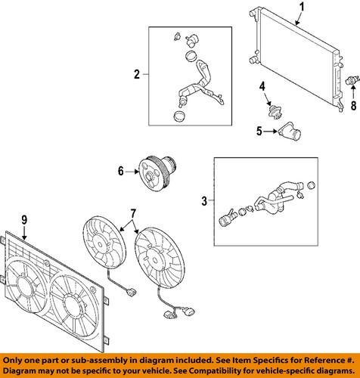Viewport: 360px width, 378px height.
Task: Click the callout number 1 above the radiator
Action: [303, 7]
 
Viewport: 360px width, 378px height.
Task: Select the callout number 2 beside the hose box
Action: [137, 74]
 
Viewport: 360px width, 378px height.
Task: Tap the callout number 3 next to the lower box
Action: [204, 201]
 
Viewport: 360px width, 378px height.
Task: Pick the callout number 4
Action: [262, 86]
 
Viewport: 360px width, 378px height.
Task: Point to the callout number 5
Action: [259, 131]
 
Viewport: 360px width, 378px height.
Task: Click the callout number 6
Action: [121, 171]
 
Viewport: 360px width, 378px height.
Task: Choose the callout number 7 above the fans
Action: [133, 214]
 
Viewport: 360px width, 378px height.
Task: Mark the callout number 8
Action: [353, 105]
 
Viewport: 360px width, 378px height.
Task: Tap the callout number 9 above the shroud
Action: [24, 220]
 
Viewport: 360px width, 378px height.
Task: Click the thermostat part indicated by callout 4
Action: [275, 112]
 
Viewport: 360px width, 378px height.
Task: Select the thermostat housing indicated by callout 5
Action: [290, 132]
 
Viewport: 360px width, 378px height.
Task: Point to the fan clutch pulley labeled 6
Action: [157, 174]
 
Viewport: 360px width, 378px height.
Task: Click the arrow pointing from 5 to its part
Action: [270, 132]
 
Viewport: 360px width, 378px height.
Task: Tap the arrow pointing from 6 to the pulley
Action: [132, 172]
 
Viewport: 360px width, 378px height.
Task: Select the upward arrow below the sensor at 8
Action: [353, 92]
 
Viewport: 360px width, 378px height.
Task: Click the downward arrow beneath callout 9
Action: [24, 233]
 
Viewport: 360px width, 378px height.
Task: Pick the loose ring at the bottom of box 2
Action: [179, 116]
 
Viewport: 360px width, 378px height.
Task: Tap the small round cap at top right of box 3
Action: [312, 185]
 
